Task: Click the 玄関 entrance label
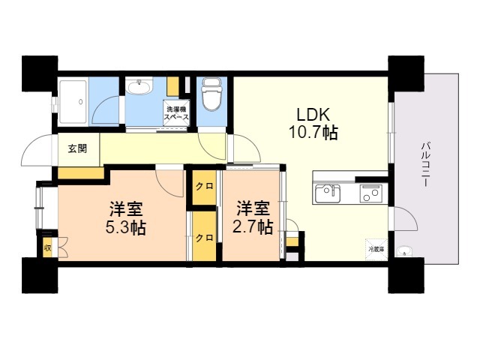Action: pyautogui.click(x=77, y=148)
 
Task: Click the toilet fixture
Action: pyautogui.click(x=211, y=94)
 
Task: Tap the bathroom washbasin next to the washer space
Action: pyautogui.click(x=139, y=88)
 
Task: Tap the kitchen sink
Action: pyautogui.click(x=328, y=193)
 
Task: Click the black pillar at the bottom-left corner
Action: pyautogui.click(x=39, y=275)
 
